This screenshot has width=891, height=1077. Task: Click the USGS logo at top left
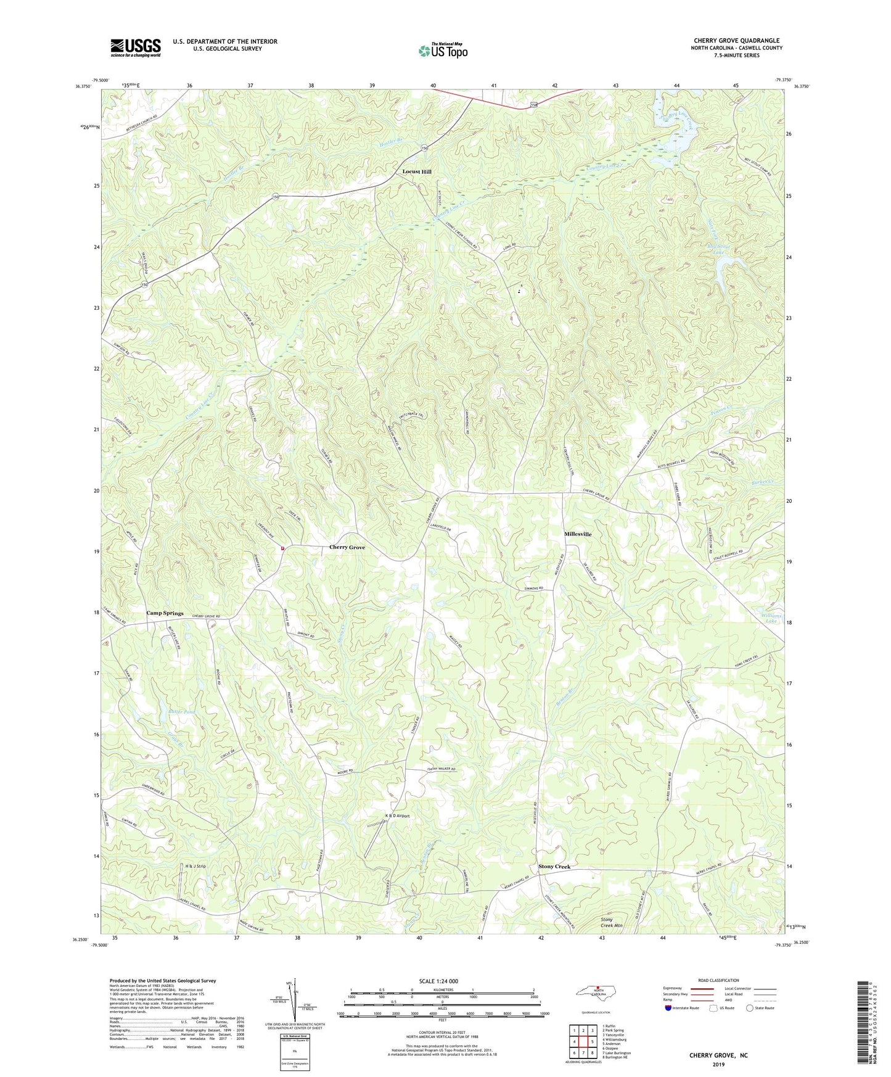135,47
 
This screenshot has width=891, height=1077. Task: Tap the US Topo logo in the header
442,51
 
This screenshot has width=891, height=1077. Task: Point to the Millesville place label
578,534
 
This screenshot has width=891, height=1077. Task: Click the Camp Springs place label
165,613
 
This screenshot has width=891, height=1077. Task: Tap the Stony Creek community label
554,867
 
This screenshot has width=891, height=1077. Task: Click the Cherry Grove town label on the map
347,547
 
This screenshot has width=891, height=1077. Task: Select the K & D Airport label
397,816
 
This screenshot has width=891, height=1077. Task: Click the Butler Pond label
181,712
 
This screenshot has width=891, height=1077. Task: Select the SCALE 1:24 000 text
438,981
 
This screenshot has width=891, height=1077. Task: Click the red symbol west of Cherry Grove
282,548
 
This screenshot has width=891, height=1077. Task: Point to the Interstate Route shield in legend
668,1008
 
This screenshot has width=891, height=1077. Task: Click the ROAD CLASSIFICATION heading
719,980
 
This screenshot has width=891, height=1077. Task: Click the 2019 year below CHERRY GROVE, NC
718,1064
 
